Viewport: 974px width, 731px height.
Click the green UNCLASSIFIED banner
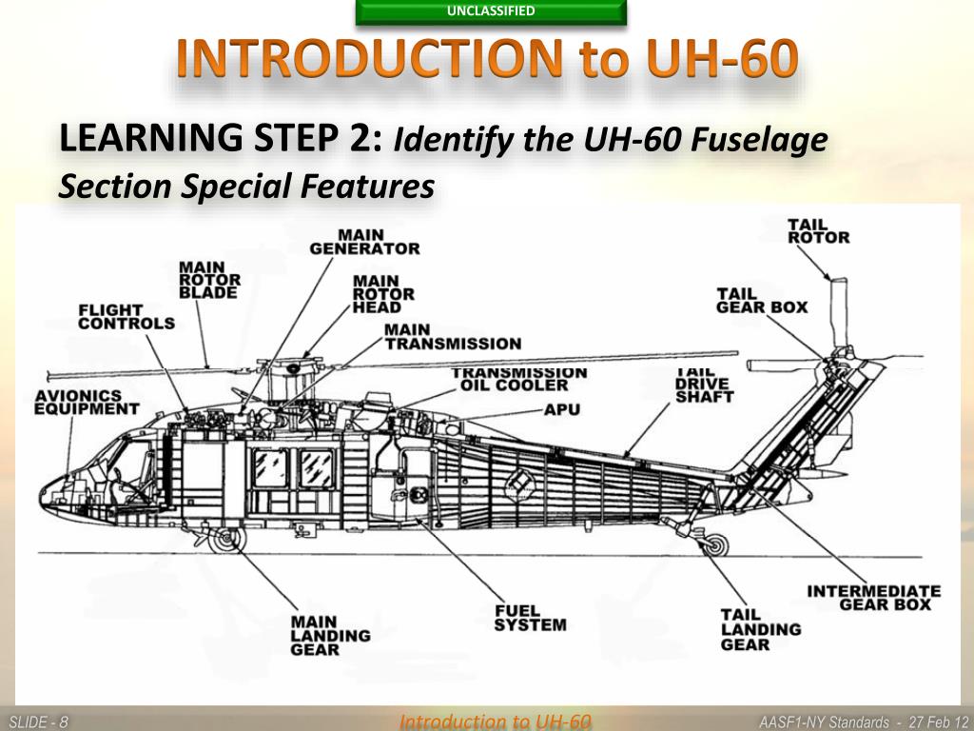[x=491, y=12]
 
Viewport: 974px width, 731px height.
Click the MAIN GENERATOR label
[x=364, y=242]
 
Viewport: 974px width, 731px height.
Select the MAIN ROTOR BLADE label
[x=210, y=280]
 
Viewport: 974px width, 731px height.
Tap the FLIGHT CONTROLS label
[x=127, y=317]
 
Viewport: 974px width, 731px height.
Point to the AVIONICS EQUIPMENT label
[x=87, y=402]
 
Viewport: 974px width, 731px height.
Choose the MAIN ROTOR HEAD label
[x=383, y=294]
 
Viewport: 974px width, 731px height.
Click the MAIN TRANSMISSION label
[x=453, y=336]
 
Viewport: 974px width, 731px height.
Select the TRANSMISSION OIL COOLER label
[x=518, y=379]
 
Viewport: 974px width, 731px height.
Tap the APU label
[x=562, y=409]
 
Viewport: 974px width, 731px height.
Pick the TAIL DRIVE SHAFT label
[x=704, y=385]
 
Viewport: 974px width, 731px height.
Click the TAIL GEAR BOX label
[x=762, y=301]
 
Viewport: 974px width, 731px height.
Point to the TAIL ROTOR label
[x=818, y=231]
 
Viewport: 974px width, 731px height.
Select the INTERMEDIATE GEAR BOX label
[x=873, y=598]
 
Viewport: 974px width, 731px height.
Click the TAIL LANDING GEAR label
[x=760, y=629]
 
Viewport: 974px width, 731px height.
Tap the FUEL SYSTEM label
[x=530, y=618]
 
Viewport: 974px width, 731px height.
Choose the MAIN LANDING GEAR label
[x=330, y=635]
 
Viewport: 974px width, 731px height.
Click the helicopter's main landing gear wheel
[x=225, y=540]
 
